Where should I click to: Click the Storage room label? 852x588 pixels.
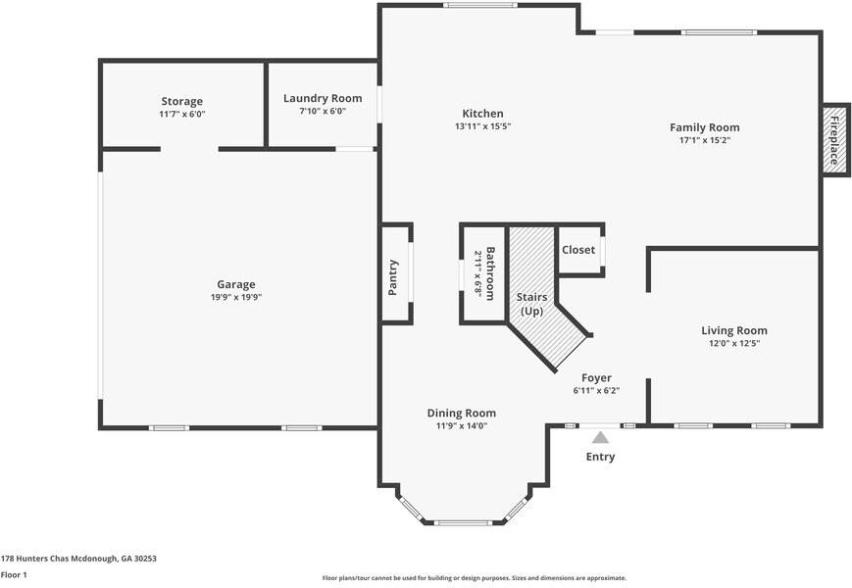click(x=182, y=102)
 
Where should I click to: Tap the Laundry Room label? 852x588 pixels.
click(x=323, y=98)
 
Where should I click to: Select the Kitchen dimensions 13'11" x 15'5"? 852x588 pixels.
click(x=483, y=126)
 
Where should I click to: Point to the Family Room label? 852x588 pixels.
click(x=705, y=127)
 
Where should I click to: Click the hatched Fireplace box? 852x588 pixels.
click(x=835, y=140)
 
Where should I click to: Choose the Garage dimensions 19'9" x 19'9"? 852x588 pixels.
click(x=236, y=297)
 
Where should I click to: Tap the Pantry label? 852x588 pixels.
click(x=393, y=277)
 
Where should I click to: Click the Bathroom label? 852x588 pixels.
click(x=489, y=273)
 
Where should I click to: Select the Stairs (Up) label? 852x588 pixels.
click(x=532, y=304)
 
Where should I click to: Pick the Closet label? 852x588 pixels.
click(x=578, y=250)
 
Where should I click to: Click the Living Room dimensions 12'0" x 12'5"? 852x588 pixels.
click(x=734, y=343)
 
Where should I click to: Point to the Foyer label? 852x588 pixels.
click(x=597, y=378)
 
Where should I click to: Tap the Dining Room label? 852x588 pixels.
click(x=462, y=414)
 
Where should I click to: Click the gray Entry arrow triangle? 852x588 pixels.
click(x=600, y=437)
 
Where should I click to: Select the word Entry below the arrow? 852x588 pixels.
click(x=600, y=457)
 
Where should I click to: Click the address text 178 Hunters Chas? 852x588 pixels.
click(x=34, y=559)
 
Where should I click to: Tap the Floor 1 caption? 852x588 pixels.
click(x=14, y=574)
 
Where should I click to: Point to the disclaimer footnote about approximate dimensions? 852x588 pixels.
click(x=475, y=578)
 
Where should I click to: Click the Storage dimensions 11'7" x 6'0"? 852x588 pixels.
click(x=182, y=114)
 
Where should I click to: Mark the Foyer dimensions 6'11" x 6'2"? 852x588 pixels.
click(x=597, y=390)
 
